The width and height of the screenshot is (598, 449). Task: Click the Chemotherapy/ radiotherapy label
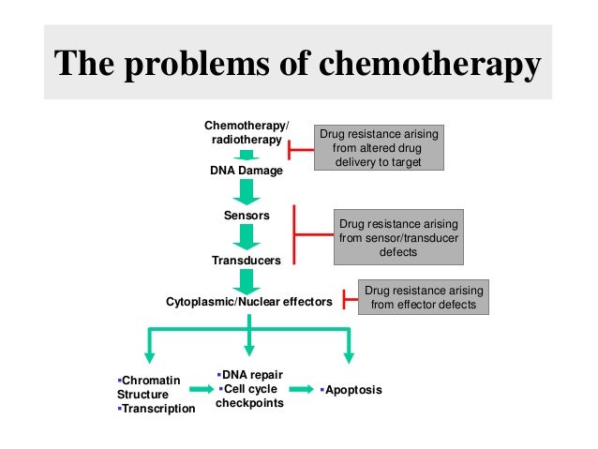tap(247, 132)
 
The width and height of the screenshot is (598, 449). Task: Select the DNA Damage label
tap(247, 171)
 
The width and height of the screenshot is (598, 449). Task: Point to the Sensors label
tap(247, 216)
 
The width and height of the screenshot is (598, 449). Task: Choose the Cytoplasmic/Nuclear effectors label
tap(249, 302)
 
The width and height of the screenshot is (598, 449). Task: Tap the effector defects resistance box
tap(423, 297)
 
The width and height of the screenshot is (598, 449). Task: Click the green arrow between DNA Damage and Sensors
tap(247, 192)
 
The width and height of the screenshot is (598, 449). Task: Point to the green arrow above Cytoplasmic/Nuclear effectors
tap(247, 280)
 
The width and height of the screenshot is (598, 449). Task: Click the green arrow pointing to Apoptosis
tap(301, 388)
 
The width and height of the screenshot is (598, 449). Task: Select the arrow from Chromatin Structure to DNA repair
tap(200, 388)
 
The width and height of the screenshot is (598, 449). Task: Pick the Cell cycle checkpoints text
tap(249, 397)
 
